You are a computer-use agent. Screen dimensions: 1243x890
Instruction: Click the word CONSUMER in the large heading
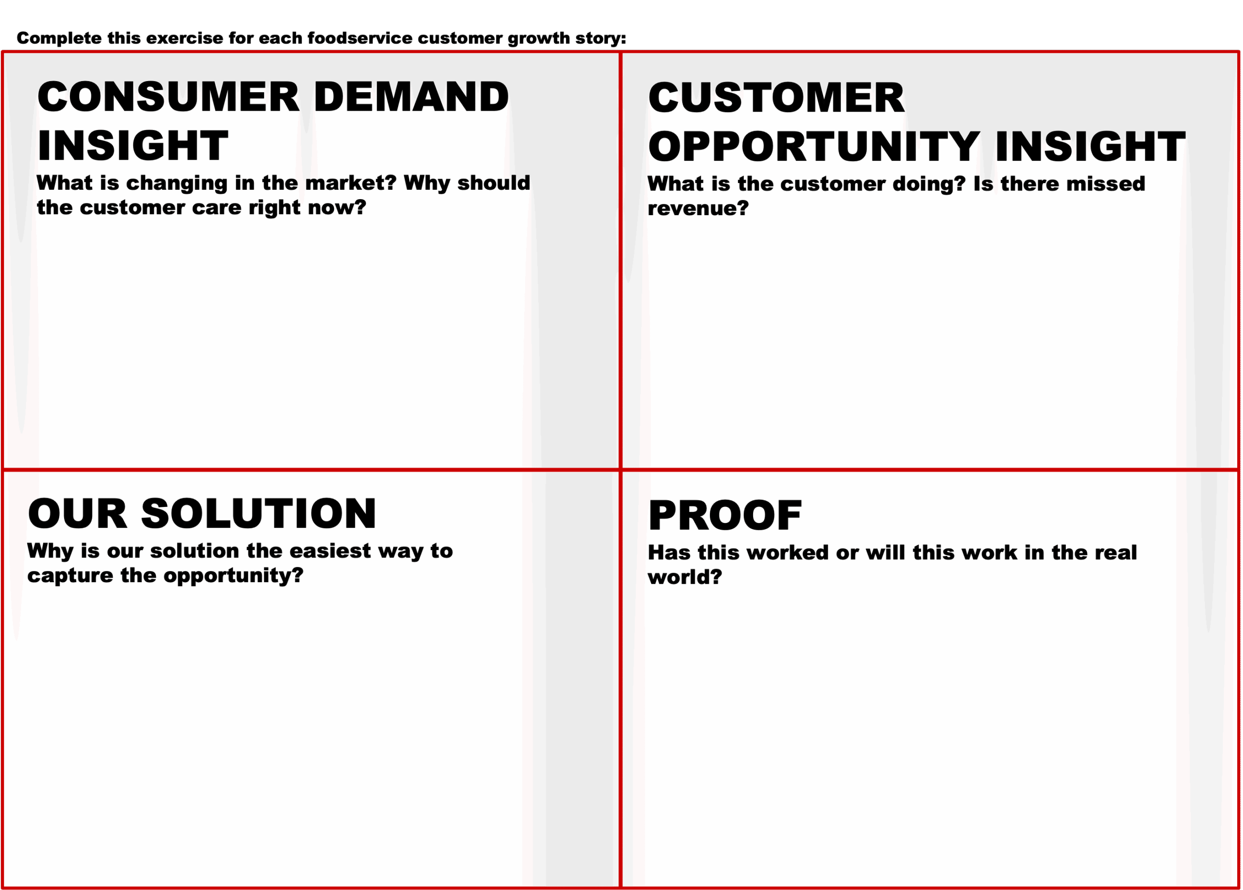coord(168,97)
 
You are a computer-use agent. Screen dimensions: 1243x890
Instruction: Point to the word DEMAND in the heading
coord(411,97)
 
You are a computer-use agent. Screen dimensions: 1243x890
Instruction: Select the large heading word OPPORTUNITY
coord(814,146)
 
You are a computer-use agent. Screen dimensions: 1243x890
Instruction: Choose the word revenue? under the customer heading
coord(698,208)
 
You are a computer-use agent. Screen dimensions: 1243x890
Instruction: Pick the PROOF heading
coord(724,516)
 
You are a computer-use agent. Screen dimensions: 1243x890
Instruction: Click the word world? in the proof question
coord(685,577)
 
